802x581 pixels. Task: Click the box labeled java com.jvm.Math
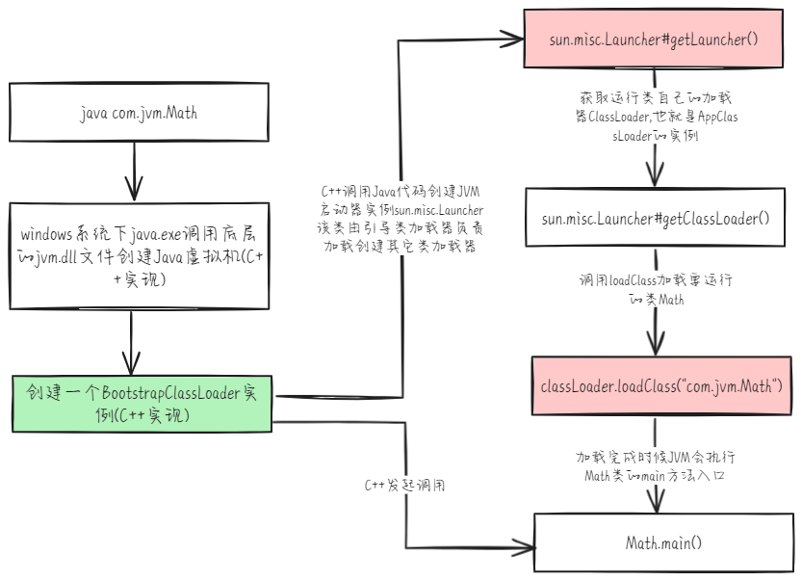141,114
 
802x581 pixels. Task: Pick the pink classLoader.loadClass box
661,386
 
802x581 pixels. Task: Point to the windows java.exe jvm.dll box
141,256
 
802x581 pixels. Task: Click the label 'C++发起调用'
405,485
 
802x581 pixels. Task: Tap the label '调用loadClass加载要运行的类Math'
656,288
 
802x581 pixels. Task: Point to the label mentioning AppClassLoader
655,118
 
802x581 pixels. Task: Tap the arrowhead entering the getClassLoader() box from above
656,178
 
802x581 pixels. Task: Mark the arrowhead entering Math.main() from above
659,505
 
